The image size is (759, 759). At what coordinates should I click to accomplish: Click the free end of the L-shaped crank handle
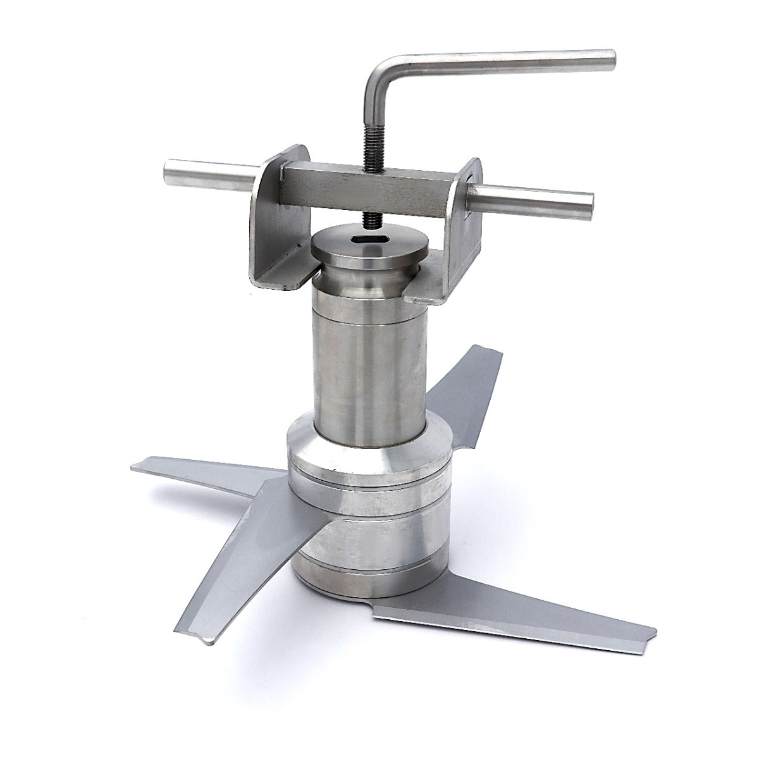point(608,58)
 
